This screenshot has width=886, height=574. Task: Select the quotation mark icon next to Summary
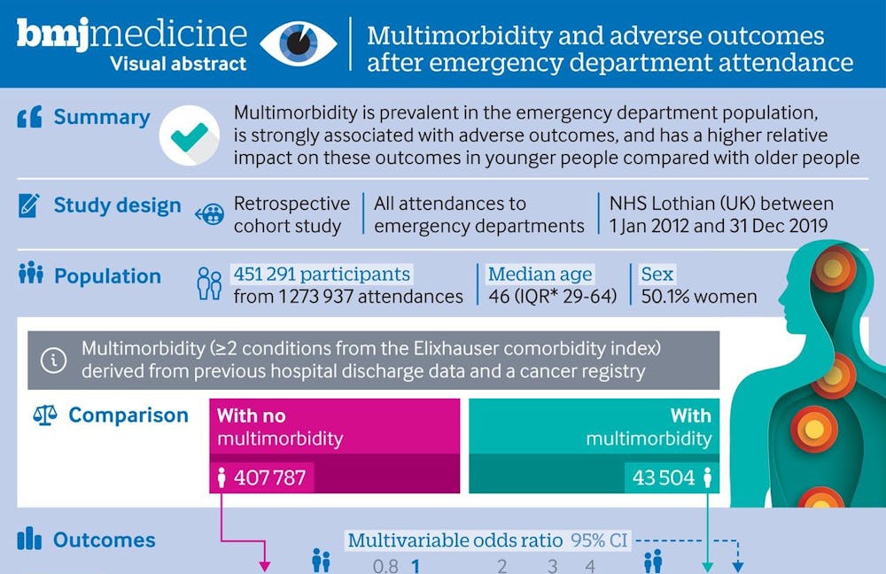pos(29,118)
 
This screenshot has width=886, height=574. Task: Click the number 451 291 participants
pos(322,274)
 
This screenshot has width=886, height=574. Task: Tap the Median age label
pos(540,274)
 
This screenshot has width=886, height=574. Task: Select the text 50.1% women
pos(699,296)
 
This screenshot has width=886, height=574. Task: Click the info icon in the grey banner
pos(55,360)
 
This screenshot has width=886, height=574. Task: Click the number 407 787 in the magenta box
pos(269,478)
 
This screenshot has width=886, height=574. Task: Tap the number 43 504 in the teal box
pos(663,478)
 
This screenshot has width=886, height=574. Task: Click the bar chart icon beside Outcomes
pos(30,539)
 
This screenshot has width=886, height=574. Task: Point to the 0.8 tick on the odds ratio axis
pos(385,565)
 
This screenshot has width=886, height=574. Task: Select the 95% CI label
pos(599,540)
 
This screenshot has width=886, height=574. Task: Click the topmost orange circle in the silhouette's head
pos(832,268)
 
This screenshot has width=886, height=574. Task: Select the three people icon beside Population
pos(30,275)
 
